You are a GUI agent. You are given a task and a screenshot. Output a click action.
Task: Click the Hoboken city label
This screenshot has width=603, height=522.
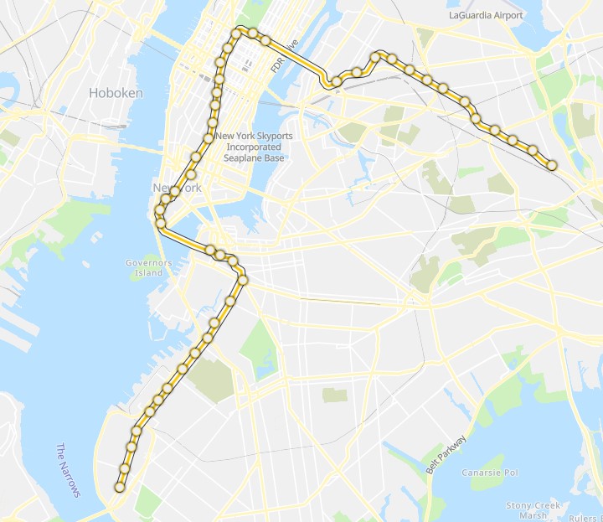(116, 93)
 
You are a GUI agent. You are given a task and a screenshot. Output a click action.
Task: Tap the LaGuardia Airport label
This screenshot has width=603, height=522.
(485, 15)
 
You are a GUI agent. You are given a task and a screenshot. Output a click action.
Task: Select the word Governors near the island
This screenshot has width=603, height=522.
(148, 262)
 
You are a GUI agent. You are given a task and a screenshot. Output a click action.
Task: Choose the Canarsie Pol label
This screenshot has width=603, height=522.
(489, 473)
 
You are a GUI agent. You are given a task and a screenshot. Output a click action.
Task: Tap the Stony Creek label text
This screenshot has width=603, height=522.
(533, 505)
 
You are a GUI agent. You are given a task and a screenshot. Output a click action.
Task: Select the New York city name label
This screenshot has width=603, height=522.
(177, 188)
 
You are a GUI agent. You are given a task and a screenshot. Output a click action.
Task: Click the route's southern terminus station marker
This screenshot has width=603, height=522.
(120, 487)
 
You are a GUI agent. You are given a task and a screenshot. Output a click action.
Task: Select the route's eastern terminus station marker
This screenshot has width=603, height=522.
(552, 165)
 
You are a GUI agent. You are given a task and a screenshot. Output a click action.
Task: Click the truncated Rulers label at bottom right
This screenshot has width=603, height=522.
(585, 517)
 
